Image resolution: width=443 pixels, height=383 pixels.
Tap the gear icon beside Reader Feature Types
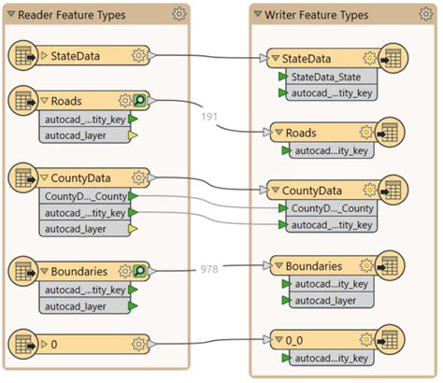(179, 14)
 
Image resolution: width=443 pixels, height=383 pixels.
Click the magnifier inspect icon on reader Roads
(140, 101)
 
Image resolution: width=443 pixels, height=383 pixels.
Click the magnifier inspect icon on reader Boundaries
(140, 272)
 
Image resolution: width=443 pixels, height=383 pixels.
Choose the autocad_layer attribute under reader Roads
(77, 135)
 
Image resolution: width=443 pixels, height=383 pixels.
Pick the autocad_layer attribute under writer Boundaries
(326, 301)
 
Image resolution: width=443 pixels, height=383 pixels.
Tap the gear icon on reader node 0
(139, 345)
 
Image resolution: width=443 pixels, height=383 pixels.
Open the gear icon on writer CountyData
(366, 190)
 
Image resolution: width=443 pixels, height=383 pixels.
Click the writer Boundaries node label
(322, 265)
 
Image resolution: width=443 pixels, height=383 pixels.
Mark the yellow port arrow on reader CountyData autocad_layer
(133, 229)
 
